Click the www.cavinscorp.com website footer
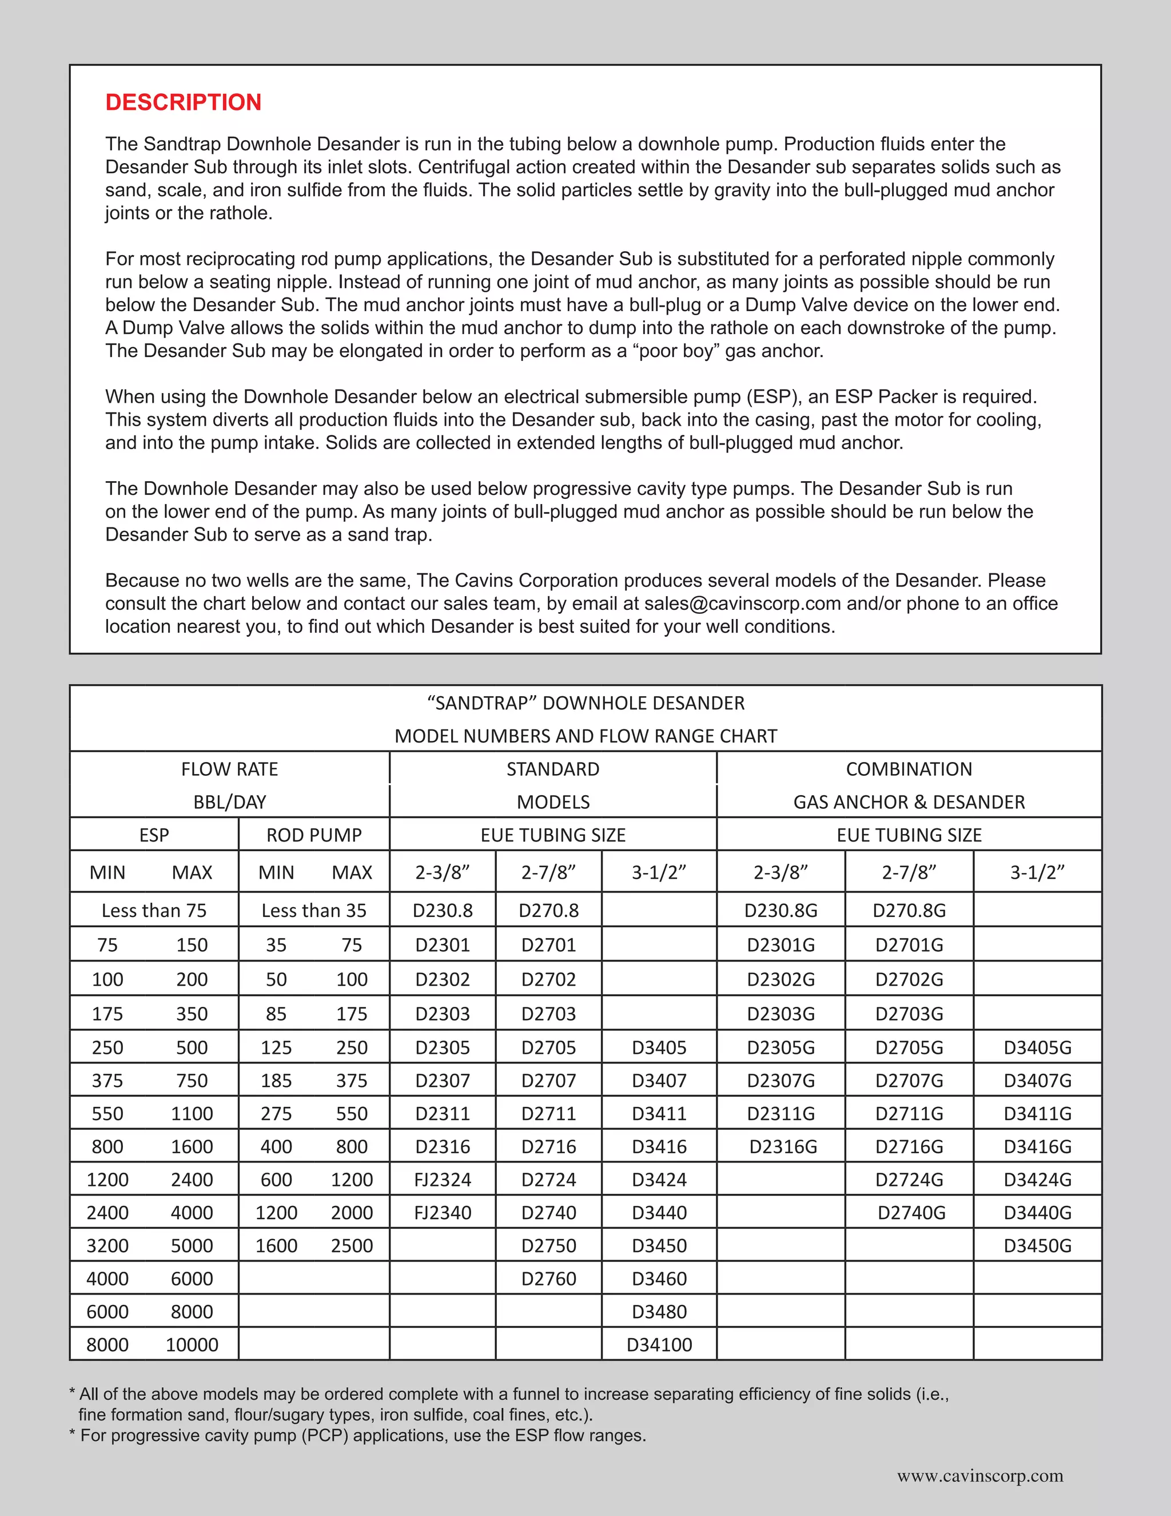click(979, 1475)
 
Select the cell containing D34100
click(659, 1344)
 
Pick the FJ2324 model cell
click(443, 1180)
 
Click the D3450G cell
click(1037, 1245)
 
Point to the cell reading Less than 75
click(154, 910)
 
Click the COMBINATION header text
click(909, 769)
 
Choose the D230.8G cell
click(780, 910)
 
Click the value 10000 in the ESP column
click(192, 1344)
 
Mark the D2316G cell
click(783, 1146)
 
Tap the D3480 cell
click(659, 1311)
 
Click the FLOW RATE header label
click(230, 769)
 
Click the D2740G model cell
click(911, 1213)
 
